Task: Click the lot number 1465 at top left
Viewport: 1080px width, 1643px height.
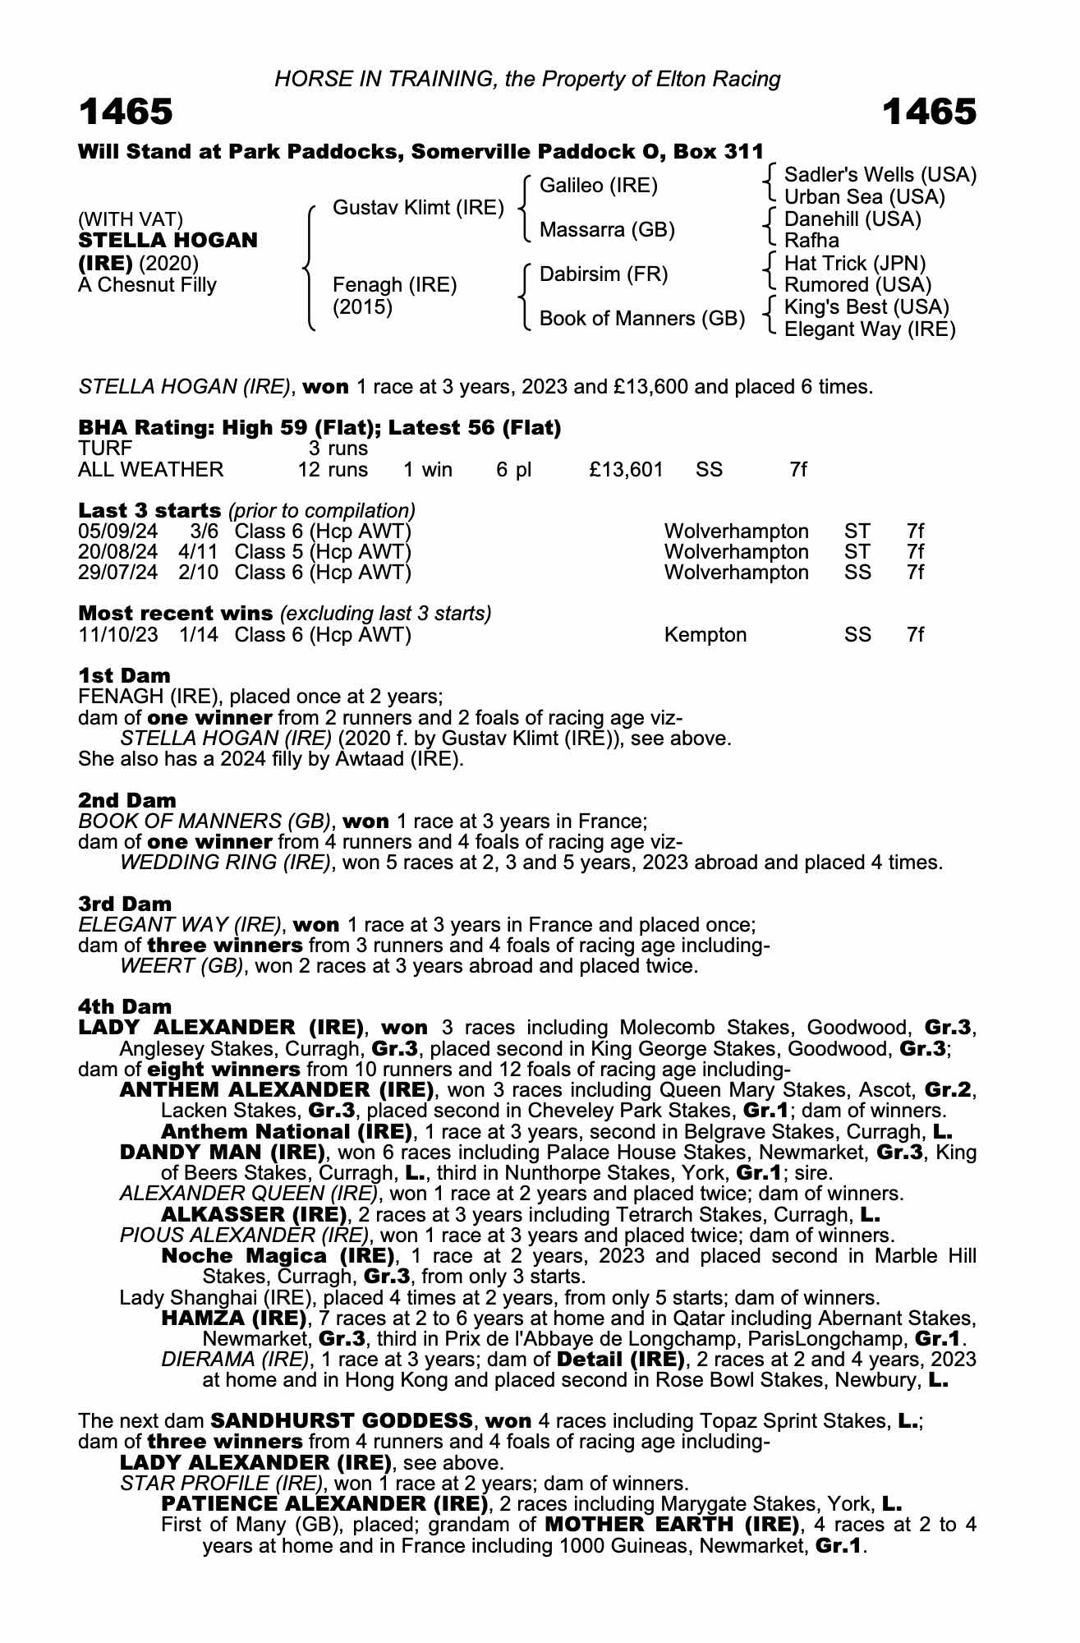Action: tap(126, 112)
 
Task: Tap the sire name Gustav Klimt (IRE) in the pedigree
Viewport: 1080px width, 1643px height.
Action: tap(418, 208)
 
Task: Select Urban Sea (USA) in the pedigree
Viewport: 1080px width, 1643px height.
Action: tap(864, 197)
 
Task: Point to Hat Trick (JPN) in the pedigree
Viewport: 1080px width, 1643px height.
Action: tap(854, 263)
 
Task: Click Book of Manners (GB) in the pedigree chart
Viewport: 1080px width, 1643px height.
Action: tap(641, 318)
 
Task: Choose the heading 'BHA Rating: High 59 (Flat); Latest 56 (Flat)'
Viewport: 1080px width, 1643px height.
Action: tap(319, 428)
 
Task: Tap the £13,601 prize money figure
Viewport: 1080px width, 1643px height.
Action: tap(626, 470)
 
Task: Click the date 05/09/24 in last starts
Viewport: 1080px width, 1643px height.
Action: tap(117, 531)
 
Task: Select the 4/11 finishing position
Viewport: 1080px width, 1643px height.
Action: tap(198, 551)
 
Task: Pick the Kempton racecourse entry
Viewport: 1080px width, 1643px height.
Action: tap(705, 635)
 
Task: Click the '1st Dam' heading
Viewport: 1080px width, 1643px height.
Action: tap(124, 675)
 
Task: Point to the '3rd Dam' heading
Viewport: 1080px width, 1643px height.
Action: tap(125, 904)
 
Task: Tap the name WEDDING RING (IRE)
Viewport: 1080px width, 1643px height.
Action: tap(226, 863)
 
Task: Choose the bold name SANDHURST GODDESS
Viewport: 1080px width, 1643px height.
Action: tap(342, 1420)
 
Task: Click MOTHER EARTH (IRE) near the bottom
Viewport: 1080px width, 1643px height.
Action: tap(671, 1525)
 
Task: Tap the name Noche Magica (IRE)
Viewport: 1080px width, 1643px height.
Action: tap(278, 1256)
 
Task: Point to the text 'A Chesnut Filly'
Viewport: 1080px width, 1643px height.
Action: tap(147, 285)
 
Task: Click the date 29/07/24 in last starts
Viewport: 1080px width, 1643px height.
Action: tap(117, 573)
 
